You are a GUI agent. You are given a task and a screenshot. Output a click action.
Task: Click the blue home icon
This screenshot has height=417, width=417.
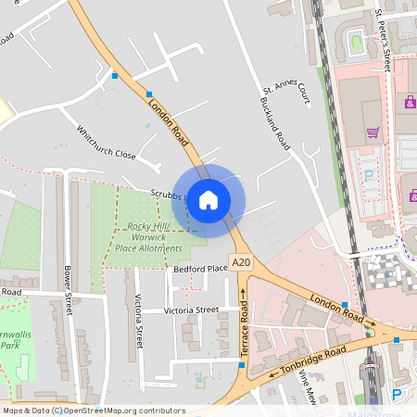(208, 198)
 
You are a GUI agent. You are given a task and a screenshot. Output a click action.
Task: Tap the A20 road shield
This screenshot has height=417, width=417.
(242, 263)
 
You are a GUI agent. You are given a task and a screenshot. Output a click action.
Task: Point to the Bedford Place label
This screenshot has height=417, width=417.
(200, 269)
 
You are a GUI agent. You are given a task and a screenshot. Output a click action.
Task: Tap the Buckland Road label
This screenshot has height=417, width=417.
(273, 125)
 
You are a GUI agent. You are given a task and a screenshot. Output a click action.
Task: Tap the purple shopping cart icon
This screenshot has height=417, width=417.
(373, 132)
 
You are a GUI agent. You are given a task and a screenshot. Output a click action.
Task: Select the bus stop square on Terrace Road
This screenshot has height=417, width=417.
(241, 364)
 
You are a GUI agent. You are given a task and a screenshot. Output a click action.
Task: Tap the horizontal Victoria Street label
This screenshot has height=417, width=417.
(191, 310)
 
